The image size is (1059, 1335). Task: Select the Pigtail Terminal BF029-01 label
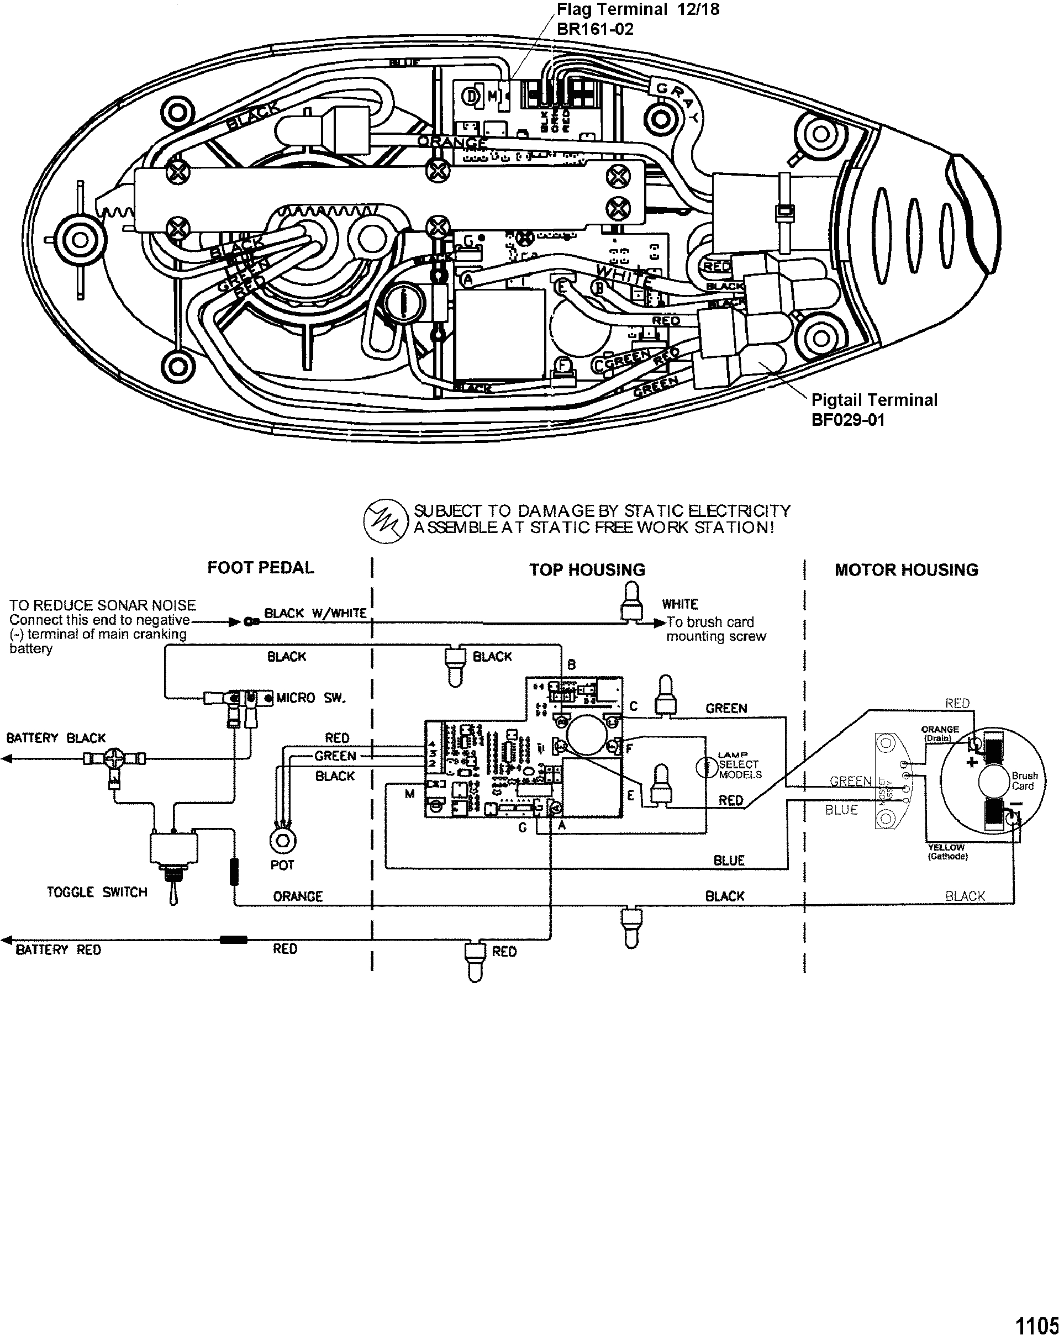(x=874, y=409)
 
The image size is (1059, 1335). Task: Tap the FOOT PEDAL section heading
(x=260, y=567)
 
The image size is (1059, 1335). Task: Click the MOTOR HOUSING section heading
(x=906, y=569)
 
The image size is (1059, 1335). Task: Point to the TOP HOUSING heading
(x=587, y=569)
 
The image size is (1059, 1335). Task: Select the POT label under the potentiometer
(x=282, y=865)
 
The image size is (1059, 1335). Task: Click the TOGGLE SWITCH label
(x=97, y=891)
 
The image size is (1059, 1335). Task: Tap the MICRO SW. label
(x=310, y=698)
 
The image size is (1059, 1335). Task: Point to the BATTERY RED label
(x=58, y=950)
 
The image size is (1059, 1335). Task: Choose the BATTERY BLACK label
(x=56, y=738)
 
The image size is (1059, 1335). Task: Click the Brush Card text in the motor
(x=1024, y=781)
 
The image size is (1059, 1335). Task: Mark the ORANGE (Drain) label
(x=940, y=734)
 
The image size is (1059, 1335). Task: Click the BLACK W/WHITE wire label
(x=315, y=613)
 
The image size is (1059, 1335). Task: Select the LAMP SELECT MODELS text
(x=740, y=765)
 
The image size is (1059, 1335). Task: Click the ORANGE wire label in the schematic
(x=297, y=896)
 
